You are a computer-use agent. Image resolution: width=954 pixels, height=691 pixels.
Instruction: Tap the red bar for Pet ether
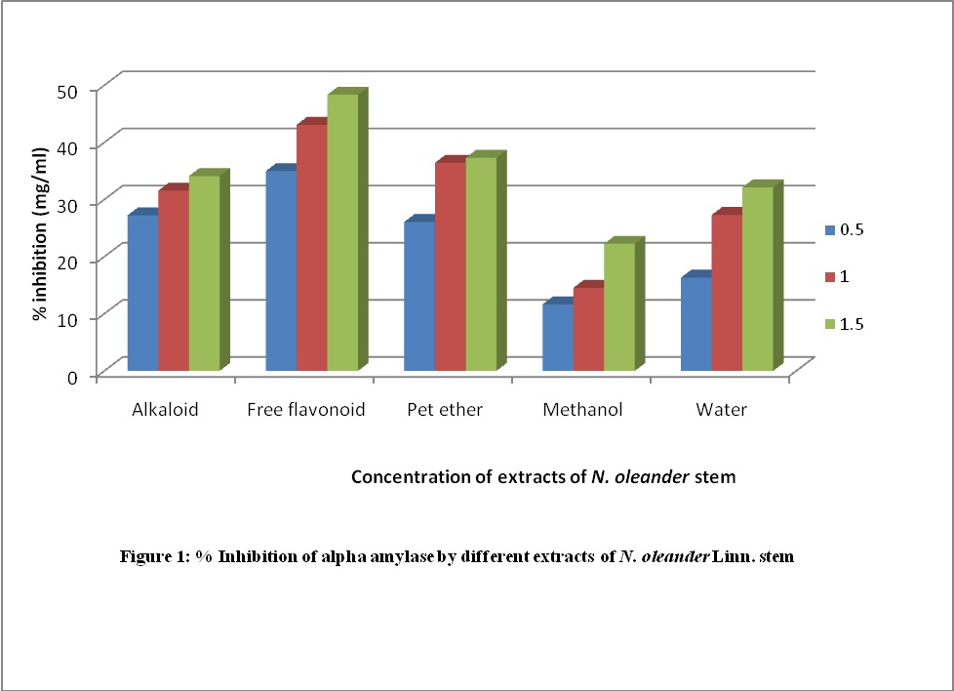(450, 265)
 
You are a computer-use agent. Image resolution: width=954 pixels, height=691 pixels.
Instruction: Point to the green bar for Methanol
(618, 306)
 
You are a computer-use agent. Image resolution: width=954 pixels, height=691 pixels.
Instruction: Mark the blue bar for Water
(696, 324)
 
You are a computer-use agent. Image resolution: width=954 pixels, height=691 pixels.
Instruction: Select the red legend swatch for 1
(831, 276)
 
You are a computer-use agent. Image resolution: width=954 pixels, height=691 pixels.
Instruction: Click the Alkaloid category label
(165, 410)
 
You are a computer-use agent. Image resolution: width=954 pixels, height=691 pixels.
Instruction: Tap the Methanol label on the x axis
(582, 410)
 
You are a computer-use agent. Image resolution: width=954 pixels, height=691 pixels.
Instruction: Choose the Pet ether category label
(444, 410)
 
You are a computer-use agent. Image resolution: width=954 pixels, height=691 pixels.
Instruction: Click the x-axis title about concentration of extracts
(543, 477)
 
